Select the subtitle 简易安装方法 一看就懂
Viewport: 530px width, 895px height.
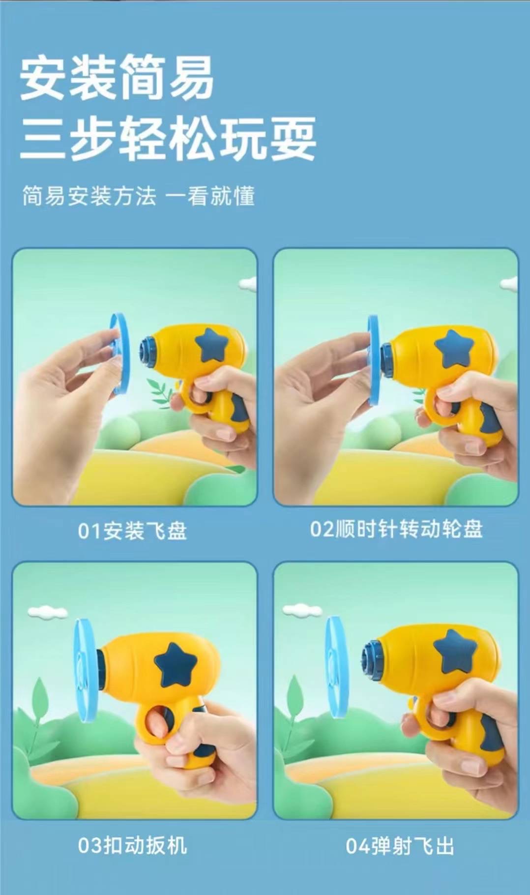138,196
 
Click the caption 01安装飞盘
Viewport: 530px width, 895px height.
132,531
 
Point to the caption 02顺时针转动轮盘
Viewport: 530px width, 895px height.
396,529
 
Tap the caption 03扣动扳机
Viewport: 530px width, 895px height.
132,846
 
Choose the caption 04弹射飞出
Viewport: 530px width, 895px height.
399,846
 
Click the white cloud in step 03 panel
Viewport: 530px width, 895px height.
47,612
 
